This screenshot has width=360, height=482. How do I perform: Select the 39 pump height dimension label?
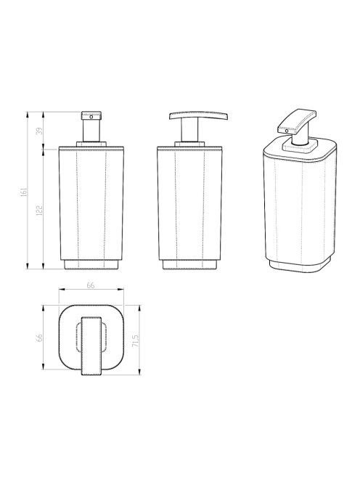40,131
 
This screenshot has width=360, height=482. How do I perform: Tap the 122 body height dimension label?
40,211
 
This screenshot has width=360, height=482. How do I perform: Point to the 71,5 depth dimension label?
136,341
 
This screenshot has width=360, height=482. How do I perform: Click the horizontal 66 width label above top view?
91,285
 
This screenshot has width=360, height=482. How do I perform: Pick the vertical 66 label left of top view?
39,338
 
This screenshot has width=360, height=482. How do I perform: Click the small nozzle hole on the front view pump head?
91,117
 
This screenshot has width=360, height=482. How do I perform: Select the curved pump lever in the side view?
199,115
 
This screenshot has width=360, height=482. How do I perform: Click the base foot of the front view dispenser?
91,265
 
